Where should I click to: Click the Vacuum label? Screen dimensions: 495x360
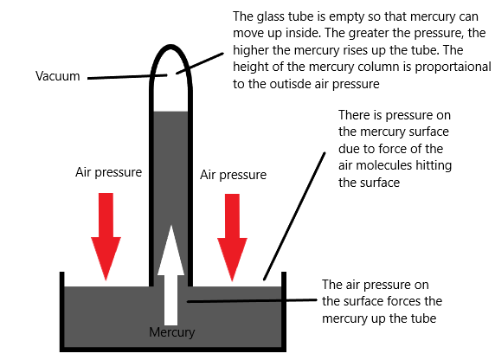57,76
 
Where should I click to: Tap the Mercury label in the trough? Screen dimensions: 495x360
171,332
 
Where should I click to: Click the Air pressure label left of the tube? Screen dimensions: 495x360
108,172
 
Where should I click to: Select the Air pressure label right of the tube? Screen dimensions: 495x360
233,175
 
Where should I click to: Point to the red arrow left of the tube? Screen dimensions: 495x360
106,236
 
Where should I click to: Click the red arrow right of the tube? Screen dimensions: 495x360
232,237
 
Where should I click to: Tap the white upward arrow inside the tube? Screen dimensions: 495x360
170,275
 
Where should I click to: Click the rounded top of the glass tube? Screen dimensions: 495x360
170,47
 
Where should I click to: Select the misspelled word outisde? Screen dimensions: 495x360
290,84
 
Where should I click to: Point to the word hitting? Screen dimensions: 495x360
434,166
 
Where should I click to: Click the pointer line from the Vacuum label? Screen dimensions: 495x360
127,77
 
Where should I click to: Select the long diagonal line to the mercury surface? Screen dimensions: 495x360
294,216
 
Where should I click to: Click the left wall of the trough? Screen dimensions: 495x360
62,311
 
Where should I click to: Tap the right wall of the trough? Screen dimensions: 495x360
284,311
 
